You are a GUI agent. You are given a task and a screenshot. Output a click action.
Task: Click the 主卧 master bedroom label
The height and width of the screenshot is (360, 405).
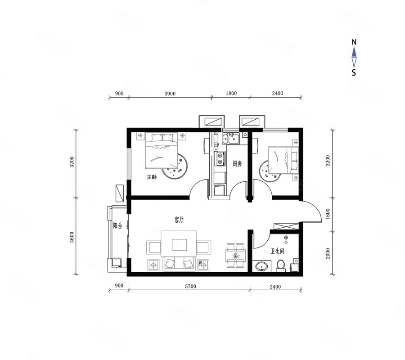click(152, 177)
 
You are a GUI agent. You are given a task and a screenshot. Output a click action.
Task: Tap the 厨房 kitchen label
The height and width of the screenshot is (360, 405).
click(237, 163)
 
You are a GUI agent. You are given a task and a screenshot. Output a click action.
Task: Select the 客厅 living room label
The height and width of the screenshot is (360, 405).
click(179, 220)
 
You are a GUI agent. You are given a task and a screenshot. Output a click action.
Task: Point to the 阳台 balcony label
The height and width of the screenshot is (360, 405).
click(117, 225)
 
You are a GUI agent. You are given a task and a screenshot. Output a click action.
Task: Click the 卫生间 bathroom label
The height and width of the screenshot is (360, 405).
click(277, 251)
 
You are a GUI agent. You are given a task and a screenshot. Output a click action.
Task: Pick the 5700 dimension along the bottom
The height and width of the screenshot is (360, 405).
click(191, 286)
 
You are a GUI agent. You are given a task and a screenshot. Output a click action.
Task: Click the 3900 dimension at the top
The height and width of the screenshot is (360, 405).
click(170, 94)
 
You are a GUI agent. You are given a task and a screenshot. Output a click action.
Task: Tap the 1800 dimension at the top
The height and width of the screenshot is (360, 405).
click(231, 93)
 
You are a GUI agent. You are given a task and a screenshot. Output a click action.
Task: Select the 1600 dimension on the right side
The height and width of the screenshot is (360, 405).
click(328, 214)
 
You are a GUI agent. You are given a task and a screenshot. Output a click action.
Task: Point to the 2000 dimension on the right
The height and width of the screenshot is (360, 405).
click(328, 253)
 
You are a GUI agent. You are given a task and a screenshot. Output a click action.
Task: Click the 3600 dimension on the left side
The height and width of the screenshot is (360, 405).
click(72, 237)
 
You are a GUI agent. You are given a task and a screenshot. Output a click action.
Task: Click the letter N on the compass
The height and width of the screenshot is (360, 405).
click(354, 42)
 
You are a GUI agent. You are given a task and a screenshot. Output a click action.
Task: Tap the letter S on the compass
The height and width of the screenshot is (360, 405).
click(354, 72)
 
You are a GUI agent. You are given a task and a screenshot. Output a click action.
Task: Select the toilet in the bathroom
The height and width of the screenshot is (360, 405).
click(281, 266)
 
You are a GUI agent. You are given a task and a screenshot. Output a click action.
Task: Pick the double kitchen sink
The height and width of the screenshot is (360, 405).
click(231, 139)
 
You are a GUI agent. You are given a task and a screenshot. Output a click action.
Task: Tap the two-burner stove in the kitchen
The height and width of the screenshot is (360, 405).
click(220, 158)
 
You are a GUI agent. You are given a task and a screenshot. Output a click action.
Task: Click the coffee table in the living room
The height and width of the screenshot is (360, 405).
click(179, 245)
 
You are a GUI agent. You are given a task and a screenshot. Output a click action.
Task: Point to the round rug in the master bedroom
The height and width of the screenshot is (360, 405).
click(175, 166)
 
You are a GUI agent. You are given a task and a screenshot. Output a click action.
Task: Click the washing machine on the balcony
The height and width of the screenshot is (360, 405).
click(117, 263)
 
